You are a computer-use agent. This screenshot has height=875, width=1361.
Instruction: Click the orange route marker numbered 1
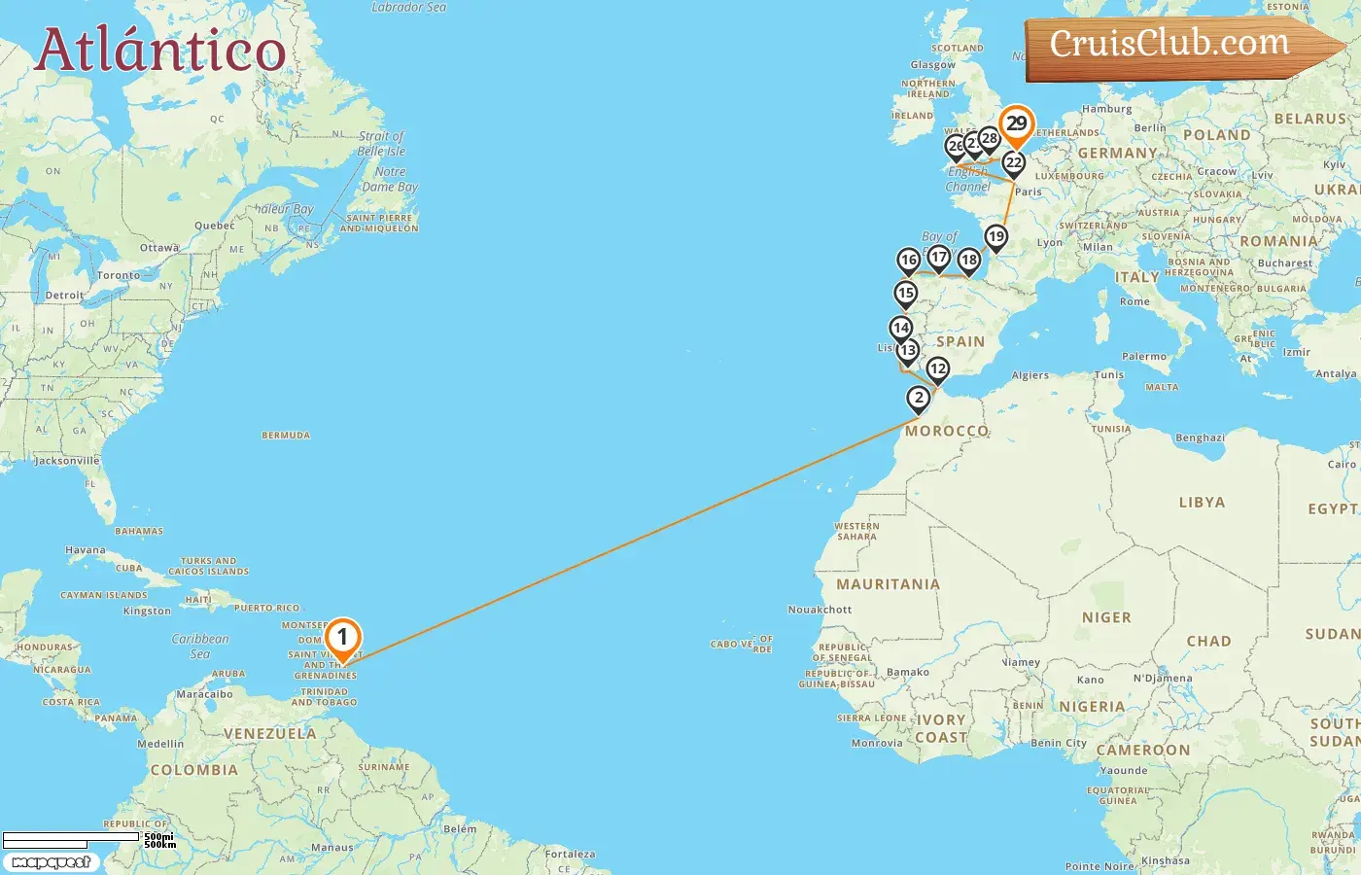pos(342,638)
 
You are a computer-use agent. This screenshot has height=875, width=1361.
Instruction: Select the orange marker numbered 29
pos(1016,123)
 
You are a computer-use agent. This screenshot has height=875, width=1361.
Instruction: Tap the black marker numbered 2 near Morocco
pos(919,398)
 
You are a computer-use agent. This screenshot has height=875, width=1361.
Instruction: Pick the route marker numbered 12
pos(937,369)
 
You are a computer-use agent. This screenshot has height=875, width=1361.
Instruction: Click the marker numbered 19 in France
pos(995,236)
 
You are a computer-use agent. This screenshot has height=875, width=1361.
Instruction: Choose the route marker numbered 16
pos(908,260)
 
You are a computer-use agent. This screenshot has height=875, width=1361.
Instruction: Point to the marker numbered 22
pos(1014,163)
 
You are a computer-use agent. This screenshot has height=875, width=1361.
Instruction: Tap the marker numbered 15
pos(906,293)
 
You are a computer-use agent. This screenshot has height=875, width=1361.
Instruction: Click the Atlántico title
pos(160,51)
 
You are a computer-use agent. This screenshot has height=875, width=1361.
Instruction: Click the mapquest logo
pos(51,862)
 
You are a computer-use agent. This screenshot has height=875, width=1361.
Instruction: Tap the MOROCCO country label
pos(946,431)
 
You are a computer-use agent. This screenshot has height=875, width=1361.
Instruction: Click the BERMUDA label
pos(286,436)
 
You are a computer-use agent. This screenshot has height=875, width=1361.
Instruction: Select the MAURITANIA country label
pos(888,584)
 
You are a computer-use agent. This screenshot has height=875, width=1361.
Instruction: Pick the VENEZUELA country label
pos(270,734)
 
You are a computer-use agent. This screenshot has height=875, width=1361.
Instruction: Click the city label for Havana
pos(86,550)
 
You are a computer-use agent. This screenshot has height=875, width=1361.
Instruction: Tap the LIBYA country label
pos(1202,503)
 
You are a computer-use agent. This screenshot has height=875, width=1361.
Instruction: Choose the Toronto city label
pos(119,275)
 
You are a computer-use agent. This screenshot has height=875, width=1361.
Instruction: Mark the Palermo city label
pos(1144,357)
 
